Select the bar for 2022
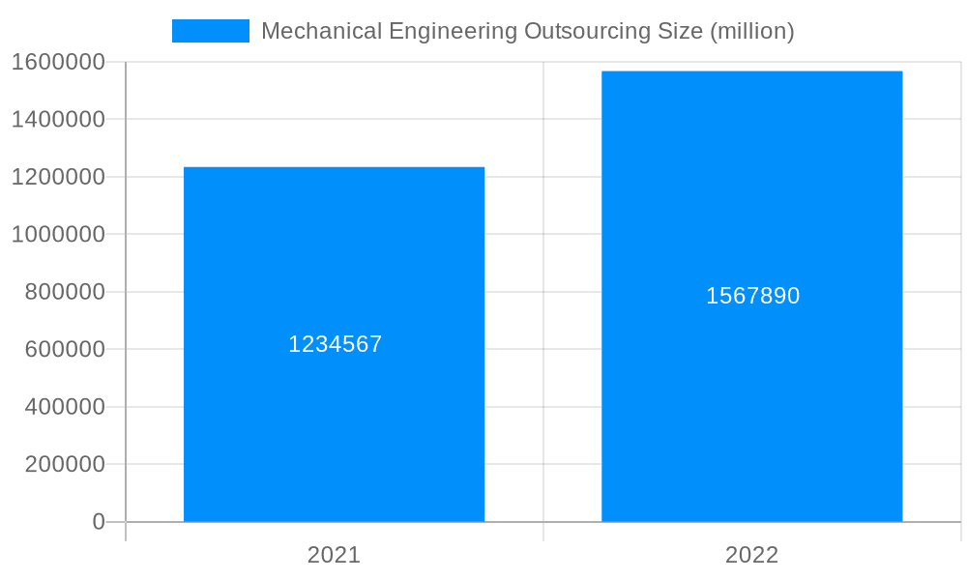tap(751, 406)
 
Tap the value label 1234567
tap(336, 344)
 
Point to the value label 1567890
tap(752, 296)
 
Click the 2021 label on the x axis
tap(334, 555)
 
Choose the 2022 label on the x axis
tap(751, 555)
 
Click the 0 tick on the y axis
tap(99, 522)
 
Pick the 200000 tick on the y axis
tap(65, 464)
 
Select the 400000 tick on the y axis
tap(65, 407)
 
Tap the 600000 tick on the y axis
tap(65, 349)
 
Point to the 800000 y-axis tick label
tap(65, 292)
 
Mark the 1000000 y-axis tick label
tap(58, 234)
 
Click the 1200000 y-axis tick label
tap(58, 177)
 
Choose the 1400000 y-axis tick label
tap(58, 119)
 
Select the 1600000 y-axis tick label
tap(58, 62)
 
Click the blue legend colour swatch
tap(210, 31)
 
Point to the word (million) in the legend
tap(752, 31)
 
